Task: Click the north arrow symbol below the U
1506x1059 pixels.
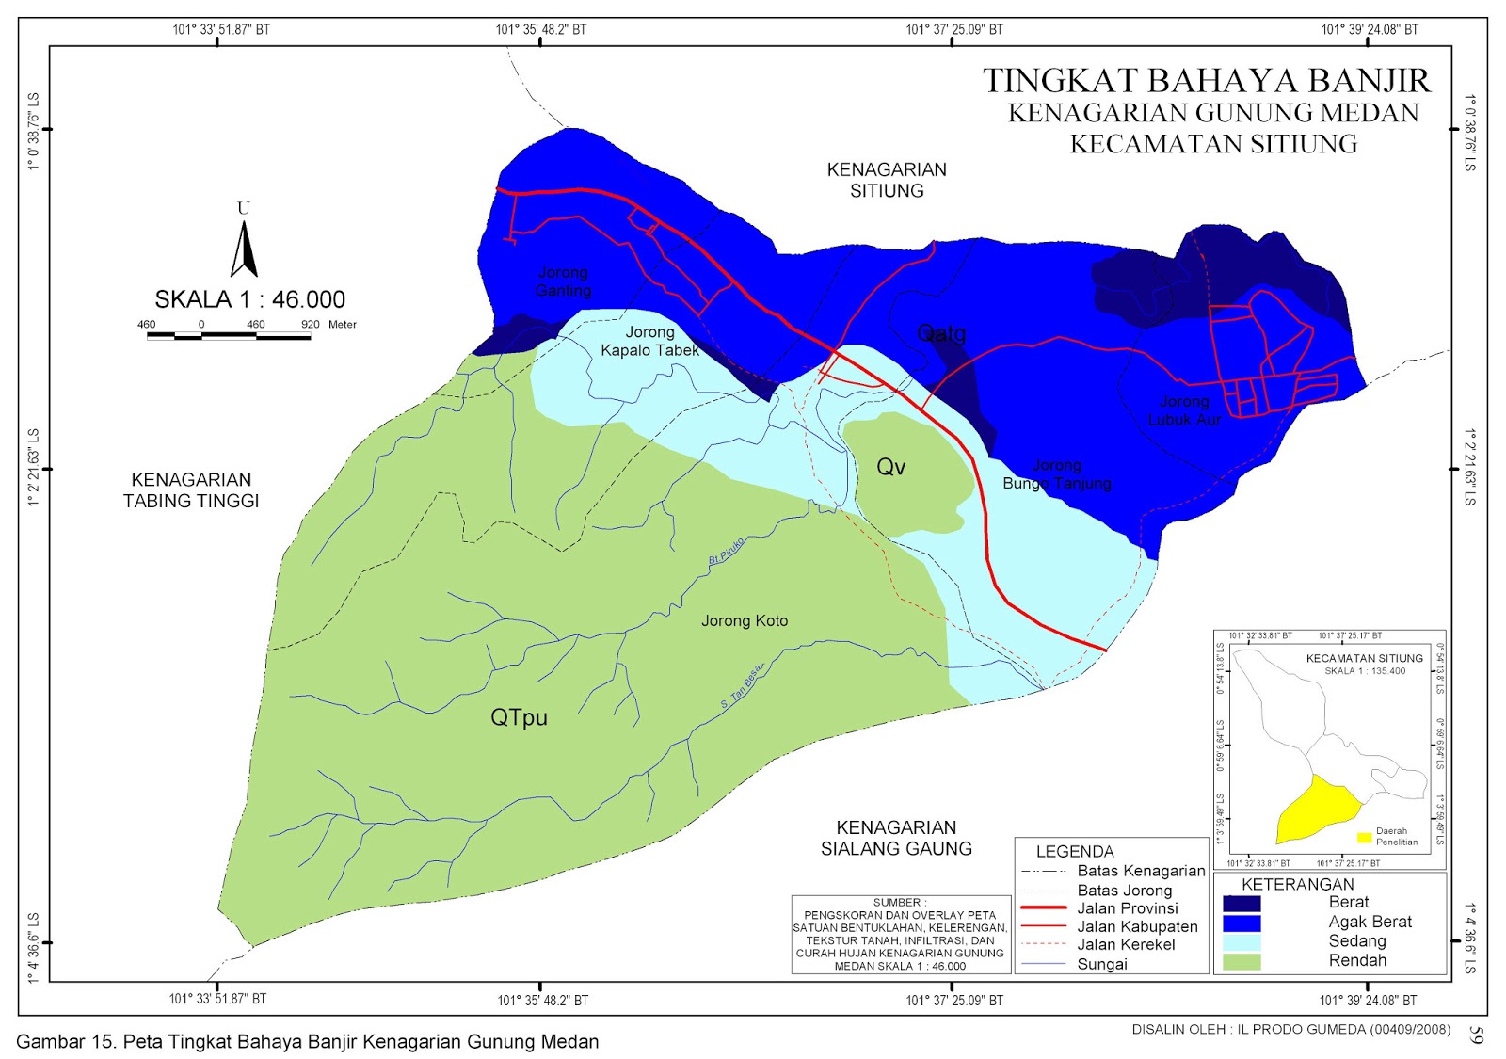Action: tap(244, 250)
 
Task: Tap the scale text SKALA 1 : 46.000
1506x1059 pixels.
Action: tap(249, 299)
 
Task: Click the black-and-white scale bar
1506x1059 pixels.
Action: tap(229, 335)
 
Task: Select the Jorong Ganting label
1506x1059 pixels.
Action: tap(563, 281)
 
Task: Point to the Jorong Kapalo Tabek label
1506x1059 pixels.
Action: tap(649, 341)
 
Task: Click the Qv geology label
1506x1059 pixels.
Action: tap(890, 467)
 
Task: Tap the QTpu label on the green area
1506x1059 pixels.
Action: tap(519, 717)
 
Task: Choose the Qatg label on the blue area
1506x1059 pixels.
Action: tap(941, 333)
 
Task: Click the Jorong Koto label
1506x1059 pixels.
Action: tap(745, 621)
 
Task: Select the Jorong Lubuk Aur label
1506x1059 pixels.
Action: tap(1184, 410)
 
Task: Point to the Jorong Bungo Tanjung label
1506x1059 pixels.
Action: tap(1057, 474)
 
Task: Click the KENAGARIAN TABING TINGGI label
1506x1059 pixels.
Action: tap(191, 490)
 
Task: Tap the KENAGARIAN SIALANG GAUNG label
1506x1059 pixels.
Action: tap(896, 838)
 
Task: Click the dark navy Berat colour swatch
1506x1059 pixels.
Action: tap(1241, 904)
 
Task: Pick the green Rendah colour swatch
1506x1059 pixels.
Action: tap(1241, 962)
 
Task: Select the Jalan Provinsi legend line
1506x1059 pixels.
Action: tap(1043, 908)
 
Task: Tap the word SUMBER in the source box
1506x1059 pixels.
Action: tap(899, 902)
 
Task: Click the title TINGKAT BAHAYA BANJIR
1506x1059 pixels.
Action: tap(1207, 81)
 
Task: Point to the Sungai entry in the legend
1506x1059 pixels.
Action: tap(1101, 964)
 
